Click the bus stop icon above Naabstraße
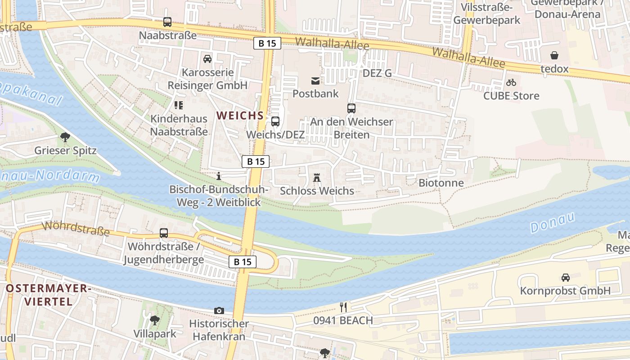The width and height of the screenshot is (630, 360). tap(167, 22)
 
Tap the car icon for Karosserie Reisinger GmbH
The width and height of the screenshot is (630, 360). tap(207, 58)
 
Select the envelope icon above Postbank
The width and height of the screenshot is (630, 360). tap(315, 81)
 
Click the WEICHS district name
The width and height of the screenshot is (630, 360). tap(240, 116)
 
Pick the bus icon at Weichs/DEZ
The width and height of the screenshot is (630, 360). tap(275, 121)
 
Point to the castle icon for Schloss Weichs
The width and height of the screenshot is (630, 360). tap(317, 178)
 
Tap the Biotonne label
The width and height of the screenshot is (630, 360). tap(441, 183)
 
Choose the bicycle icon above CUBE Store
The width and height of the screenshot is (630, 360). tap(511, 82)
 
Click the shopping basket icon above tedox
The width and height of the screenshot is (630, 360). tap(554, 55)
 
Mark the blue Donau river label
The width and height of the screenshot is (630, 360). tap(553, 222)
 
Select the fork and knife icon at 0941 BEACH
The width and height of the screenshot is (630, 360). tap(343, 307)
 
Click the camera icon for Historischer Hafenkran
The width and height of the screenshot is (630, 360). tap(219, 310)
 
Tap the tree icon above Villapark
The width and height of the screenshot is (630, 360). tap(155, 320)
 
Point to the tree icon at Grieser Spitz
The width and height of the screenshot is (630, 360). tap(65, 137)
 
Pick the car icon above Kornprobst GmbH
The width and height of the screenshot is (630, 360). tap(565, 278)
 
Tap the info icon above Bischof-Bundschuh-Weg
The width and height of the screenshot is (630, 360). tap(219, 176)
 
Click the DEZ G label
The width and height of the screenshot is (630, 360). tap(377, 73)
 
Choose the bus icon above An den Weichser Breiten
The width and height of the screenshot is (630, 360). tap(351, 108)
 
